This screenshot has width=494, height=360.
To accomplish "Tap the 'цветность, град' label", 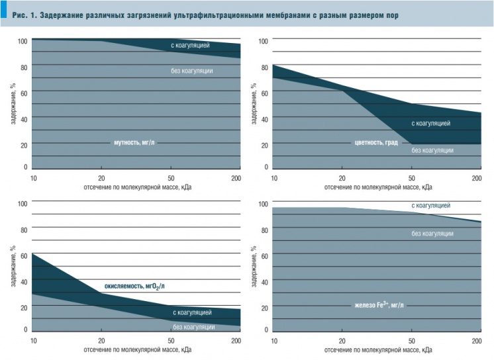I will point(375,142).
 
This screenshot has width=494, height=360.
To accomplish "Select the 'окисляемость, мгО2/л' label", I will point(134,287).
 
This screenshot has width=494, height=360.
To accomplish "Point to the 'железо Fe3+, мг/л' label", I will point(379,305).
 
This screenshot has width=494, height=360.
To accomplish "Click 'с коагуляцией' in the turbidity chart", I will point(190,46).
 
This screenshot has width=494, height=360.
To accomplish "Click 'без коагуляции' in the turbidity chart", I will point(191,71).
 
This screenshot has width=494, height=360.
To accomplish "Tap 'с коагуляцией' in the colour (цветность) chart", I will point(431,123).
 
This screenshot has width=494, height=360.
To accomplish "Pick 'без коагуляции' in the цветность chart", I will point(432,150).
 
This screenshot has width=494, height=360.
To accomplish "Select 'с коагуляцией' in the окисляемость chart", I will point(192,312).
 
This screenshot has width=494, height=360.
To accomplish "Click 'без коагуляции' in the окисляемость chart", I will point(193,326).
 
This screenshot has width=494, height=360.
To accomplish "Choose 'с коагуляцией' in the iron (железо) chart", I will point(430,206).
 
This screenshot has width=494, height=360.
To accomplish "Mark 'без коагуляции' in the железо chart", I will point(432,233).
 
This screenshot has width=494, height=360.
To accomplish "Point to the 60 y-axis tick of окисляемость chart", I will point(24,255).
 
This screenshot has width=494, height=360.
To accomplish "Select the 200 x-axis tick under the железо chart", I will point(475,341).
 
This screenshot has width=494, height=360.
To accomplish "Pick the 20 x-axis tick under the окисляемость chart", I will point(101,341).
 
